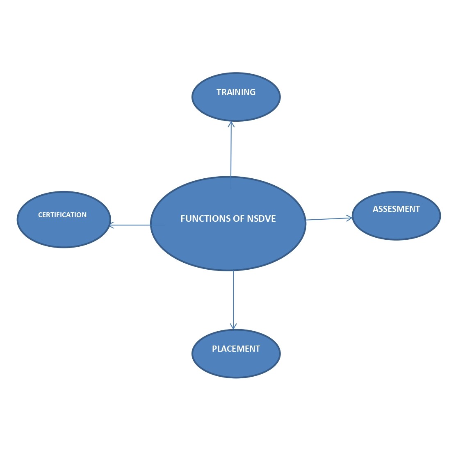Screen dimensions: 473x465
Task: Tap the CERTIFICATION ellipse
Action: tap(64, 230)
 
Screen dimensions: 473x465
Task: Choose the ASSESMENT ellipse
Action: tap(396, 223)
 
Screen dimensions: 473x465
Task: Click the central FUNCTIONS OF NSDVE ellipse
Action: tap(228, 242)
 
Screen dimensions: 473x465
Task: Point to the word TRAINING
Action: tap(236, 92)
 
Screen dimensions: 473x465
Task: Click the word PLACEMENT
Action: tap(236, 349)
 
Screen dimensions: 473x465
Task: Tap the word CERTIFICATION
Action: tap(62, 215)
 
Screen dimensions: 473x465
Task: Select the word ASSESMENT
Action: tap(396, 209)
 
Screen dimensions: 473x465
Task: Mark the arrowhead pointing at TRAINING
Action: tap(231, 123)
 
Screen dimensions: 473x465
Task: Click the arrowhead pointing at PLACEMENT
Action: tap(233, 327)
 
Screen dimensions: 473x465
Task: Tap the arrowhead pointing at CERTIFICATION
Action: tap(112, 225)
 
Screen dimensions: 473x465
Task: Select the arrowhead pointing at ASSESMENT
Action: tap(350, 218)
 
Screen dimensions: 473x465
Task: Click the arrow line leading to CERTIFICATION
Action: tap(131, 225)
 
